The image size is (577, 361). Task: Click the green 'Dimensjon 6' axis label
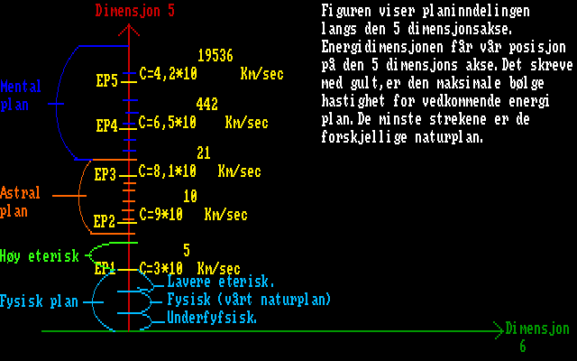coord(537,337)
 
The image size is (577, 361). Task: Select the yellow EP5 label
coord(107,81)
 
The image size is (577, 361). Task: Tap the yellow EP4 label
coord(107,126)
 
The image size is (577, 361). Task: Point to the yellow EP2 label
coord(105,221)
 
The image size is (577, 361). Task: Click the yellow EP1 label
coord(105,268)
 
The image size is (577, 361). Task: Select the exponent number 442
coord(206,105)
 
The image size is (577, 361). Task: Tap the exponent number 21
coord(204,153)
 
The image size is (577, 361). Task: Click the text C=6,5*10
coord(169,122)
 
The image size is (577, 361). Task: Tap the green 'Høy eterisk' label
coord(41,256)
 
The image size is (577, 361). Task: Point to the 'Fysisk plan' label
coord(41,301)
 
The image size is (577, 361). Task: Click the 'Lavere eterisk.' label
coord(222,282)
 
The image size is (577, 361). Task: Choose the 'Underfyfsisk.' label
coord(213,318)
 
